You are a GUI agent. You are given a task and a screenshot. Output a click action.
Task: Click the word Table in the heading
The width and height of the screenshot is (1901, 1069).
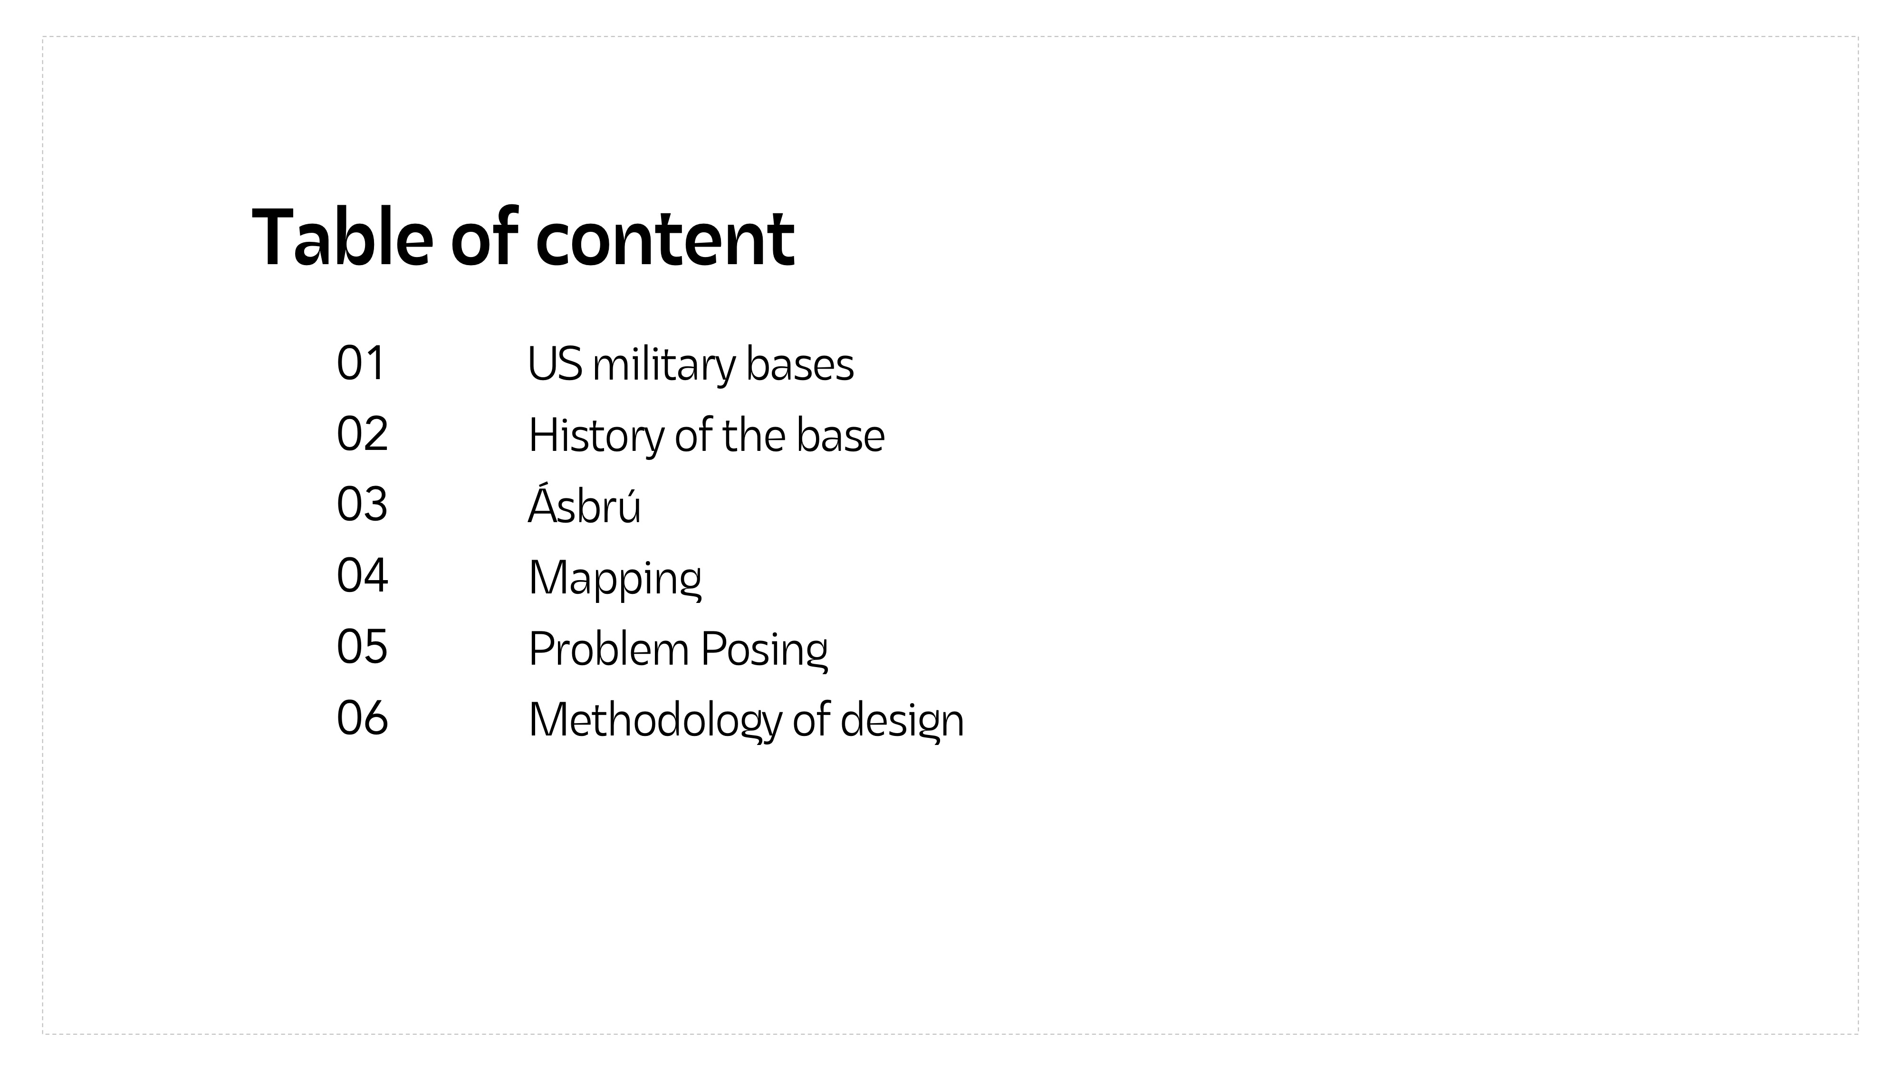342,238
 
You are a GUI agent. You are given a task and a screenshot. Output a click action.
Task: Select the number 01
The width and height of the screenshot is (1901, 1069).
360,363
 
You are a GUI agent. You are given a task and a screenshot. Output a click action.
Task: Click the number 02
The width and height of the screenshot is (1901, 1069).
362,434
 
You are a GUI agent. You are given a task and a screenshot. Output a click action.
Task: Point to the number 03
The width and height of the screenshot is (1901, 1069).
362,505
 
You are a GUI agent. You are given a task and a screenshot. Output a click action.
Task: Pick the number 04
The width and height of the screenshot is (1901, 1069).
362,575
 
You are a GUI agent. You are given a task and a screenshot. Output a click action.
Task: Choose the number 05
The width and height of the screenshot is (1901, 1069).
362,646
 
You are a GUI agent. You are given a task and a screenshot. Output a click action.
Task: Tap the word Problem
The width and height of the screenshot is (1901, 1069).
609,649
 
